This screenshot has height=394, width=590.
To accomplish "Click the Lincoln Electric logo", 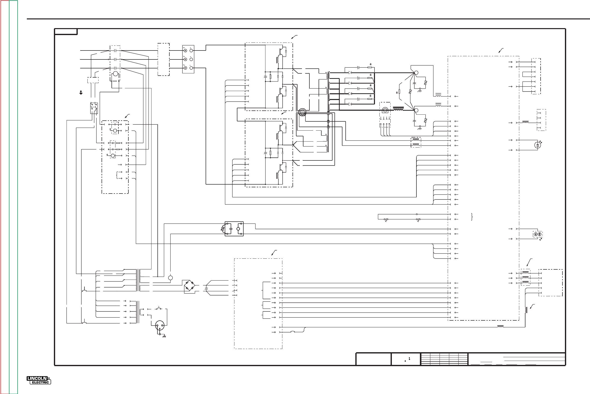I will pos(39,380).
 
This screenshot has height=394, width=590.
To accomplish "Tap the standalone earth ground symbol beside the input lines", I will pos(81,93).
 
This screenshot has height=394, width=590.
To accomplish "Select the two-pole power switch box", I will pos(94,108).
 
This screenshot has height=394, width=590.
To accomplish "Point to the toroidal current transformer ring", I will pos(302,112).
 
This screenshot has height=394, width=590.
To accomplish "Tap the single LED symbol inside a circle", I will pos(537,145).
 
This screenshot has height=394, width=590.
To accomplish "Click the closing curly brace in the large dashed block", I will pos(472,217).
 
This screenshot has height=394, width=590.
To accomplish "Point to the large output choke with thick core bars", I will pos(398,108).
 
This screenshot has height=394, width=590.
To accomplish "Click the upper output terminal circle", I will pos(416,73).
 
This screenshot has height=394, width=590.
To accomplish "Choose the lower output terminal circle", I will pos(416,110).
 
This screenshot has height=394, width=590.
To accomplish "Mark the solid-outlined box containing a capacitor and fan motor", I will pos(234,229).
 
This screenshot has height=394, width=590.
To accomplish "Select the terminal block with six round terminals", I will pos(188,59).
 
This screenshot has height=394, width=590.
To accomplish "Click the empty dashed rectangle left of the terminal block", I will pos(164,59).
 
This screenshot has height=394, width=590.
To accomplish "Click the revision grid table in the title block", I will pos(444,359).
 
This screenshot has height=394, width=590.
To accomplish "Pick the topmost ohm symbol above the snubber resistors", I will pos(370,64).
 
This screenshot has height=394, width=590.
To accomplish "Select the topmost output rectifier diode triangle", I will pos(350,73).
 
